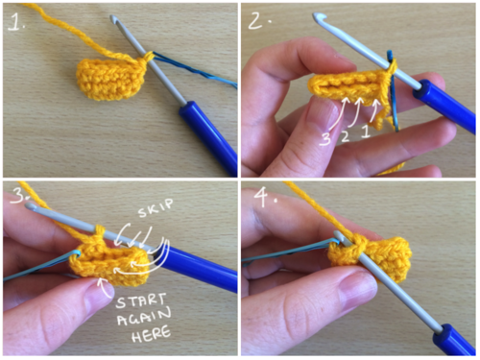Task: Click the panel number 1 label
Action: coord(16,21)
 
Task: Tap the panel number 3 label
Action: coord(18,195)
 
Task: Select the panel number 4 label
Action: coord(266,198)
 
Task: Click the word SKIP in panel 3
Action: coord(156,208)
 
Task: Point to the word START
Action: coord(141,301)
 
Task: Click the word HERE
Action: coord(151,334)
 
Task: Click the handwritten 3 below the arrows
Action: coord(325,139)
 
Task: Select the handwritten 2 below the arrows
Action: coord(345,136)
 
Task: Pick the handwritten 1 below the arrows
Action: coord(366,132)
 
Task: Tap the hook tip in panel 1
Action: coord(113,18)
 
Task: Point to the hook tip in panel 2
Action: coord(318,16)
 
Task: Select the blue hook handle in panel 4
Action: coord(454,340)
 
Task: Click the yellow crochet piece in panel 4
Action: coord(372,259)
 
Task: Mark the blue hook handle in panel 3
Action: coord(197,267)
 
